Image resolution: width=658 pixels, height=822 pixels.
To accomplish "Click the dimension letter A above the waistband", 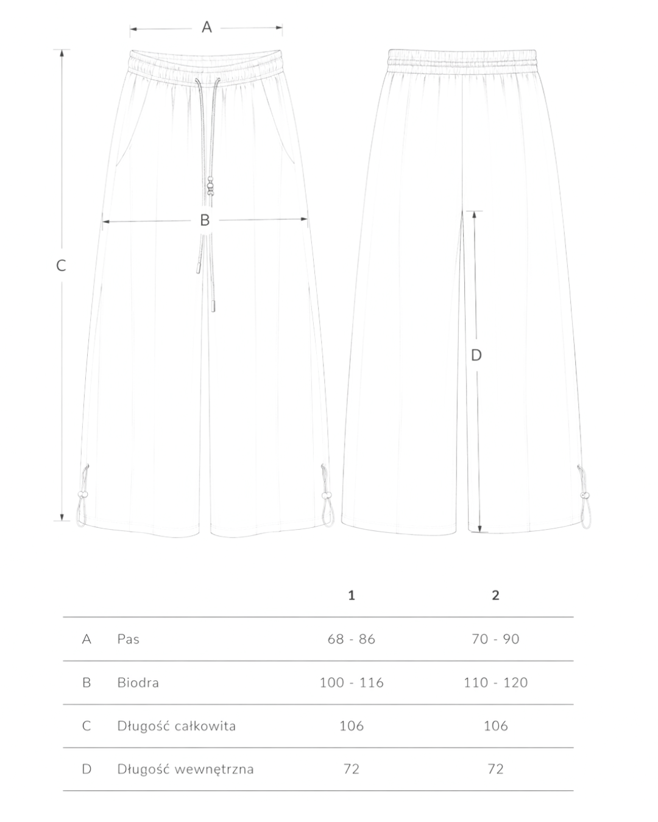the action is (207, 27).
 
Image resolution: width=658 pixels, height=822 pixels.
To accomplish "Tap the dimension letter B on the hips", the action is (205, 220).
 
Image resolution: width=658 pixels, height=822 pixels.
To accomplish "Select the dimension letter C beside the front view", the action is (61, 265).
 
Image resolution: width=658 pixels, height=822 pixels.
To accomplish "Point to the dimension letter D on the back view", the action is (476, 355).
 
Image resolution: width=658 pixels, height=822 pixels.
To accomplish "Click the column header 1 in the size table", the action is (352, 595).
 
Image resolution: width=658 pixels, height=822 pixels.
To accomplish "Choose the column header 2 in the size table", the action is (495, 595).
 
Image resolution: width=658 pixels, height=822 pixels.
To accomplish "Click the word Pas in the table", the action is (128, 639).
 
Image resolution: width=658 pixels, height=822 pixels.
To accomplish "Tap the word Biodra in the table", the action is (138, 683).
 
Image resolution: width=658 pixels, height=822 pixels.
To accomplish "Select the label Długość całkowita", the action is (176, 726).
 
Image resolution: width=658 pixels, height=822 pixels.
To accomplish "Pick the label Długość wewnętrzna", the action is (185, 769).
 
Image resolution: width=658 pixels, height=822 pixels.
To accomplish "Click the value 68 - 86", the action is (352, 639).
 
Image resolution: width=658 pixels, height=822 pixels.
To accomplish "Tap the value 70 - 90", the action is (495, 639).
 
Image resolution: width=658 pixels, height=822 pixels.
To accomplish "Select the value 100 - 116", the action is (352, 683).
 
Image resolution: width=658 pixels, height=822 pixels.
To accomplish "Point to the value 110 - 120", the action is (495, 683).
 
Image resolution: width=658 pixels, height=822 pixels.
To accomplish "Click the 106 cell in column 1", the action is (352, 726).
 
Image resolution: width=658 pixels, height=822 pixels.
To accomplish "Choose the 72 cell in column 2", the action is (495, 769).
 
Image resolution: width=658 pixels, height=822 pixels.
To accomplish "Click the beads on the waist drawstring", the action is (210, 186).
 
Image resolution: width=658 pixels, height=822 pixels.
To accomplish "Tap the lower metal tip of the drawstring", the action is (213, 306).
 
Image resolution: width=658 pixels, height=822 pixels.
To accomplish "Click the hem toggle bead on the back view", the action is (585, 496).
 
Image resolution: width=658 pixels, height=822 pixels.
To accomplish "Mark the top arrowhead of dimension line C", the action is (62, 53).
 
